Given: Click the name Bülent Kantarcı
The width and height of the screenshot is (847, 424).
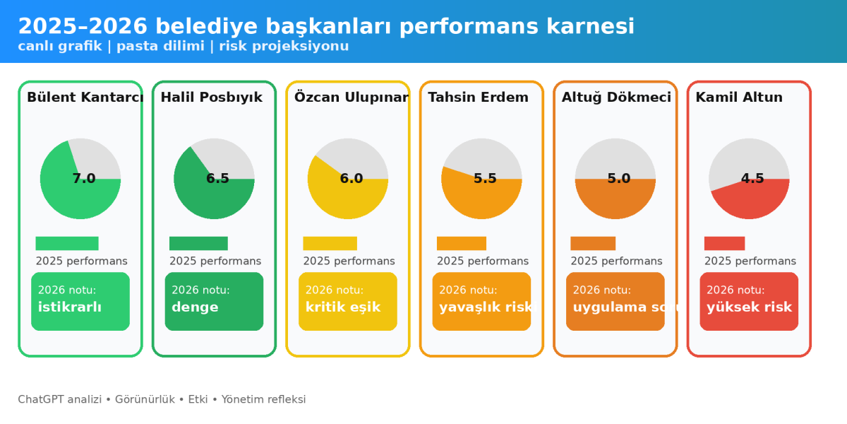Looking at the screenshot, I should point(85,98).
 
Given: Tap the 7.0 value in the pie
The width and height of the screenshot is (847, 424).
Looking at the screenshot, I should point(83,179).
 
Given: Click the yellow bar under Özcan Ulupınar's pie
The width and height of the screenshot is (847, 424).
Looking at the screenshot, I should point(330,243).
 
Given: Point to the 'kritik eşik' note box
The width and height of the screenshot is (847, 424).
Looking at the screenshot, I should point(347,301).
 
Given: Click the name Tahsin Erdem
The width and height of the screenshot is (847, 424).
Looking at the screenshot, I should point(478,98).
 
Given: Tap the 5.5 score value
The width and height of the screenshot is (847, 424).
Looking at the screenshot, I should point(485,179).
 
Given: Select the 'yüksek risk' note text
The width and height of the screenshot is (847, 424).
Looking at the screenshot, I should point(749,307).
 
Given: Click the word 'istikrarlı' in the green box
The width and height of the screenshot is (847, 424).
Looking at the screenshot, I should point(70,307).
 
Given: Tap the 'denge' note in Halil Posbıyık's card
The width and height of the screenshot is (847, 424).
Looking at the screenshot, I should point(195,307).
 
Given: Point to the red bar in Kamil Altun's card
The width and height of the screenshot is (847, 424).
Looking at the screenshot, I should point(724,243).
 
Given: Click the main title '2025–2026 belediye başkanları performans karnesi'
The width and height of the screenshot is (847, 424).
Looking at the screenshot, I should point(326,26).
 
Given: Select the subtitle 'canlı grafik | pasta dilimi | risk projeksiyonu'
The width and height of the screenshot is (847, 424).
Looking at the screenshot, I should point(184,47).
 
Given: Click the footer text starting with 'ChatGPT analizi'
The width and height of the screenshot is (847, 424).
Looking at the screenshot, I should point(162,399).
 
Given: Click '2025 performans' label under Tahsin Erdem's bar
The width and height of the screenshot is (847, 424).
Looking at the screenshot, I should point(482,261).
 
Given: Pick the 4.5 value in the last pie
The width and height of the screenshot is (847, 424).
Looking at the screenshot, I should point(752,179).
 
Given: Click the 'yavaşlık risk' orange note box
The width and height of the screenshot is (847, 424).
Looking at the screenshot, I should point(481,301).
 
